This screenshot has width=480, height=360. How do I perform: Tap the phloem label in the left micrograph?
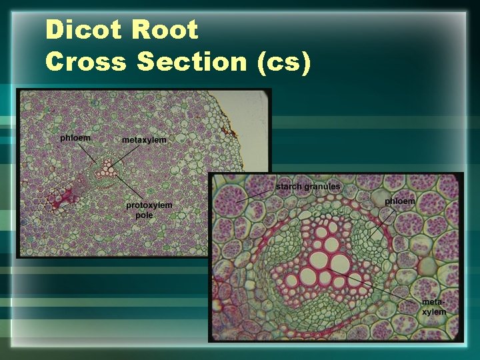75,138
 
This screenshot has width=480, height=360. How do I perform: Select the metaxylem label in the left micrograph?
144,140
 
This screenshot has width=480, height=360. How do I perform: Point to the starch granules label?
308,186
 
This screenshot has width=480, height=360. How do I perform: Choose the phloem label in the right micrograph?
400,201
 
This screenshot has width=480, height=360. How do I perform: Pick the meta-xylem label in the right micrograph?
434,307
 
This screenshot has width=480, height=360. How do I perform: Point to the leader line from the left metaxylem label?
124,155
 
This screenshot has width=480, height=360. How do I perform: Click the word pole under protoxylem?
144,215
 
